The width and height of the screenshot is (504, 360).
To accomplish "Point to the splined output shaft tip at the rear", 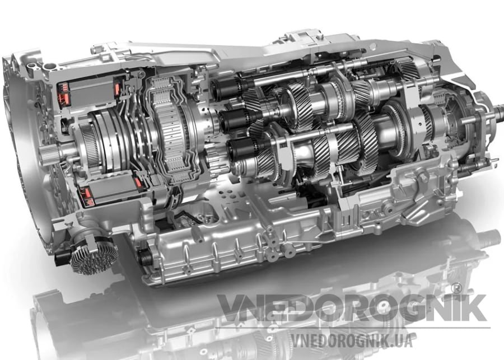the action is coord(499,110).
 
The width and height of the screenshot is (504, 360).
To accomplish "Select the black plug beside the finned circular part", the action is coord(62,257).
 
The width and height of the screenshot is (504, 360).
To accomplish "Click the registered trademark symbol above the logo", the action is coord(455,288).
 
